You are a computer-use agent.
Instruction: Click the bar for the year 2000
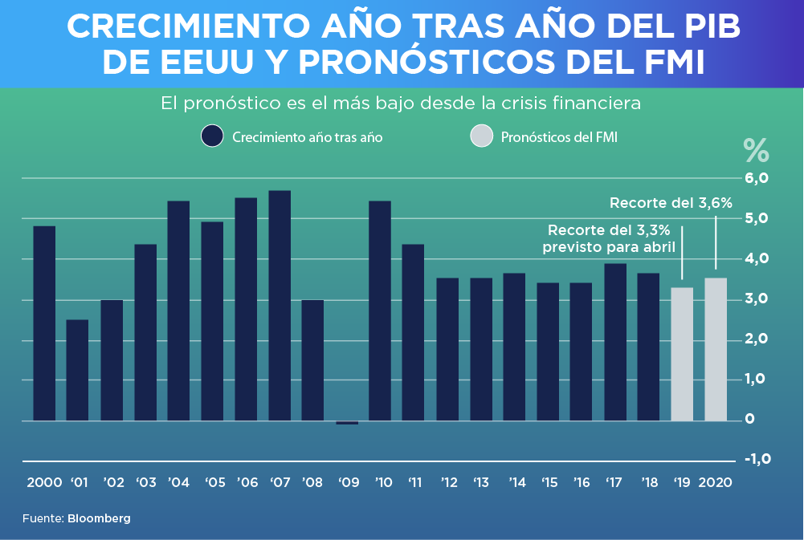coord(44,323)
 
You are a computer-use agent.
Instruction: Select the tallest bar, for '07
coord(280,306)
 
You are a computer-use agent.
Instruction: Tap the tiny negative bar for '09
coord(347,422)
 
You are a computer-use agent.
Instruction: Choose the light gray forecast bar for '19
coord(682,354)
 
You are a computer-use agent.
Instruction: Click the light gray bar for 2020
coord(716,349)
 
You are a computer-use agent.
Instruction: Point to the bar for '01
coord(78,370)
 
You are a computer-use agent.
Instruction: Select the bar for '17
coord(615,342)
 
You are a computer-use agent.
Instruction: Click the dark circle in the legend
coord(212,136)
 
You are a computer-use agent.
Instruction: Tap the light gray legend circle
coord(480,136)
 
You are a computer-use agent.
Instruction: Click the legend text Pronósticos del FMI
coord(559,137)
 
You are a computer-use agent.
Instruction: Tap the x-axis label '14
coord(516,483)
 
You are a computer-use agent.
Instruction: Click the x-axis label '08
coord(312,483)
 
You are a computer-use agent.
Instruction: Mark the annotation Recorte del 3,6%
coord(671,203)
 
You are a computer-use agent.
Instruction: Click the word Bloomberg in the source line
coord(99,518)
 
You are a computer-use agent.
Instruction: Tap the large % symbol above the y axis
coord(756,150)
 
